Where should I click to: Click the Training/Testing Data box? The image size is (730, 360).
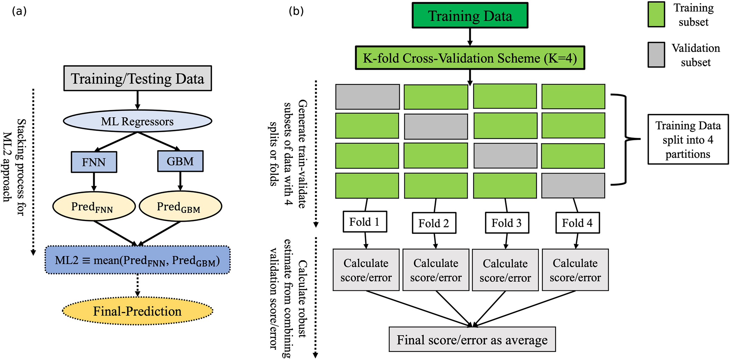coord(138,78)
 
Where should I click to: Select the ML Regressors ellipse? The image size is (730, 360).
coord(137,122)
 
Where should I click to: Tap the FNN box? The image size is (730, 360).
coord(94,162)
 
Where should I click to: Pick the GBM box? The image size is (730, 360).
coord(180,161)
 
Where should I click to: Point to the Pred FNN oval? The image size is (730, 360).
coord(94,206)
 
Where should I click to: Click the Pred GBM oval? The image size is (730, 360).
coord(180,206)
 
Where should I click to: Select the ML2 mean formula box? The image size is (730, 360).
coord(138,260)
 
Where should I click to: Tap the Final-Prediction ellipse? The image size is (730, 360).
coord(137,311)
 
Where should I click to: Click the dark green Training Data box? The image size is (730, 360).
coord(470,16)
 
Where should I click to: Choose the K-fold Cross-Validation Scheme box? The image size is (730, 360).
coord(470,58)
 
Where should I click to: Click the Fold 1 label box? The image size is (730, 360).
coord(365,222)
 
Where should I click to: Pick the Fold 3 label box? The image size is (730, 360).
coord(507,223)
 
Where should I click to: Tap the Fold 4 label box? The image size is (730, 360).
coord(577,223)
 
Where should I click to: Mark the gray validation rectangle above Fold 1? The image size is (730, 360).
coord(367,97)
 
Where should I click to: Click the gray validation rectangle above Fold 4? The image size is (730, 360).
coord(573,185)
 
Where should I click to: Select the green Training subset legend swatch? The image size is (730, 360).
coord(656,14)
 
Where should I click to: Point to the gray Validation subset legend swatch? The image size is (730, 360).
coord(656,55)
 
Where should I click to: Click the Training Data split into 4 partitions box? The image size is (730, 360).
coord(688,140)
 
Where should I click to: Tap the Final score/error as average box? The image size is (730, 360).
coord(472,340)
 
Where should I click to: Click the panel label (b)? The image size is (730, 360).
coord(296,11)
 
